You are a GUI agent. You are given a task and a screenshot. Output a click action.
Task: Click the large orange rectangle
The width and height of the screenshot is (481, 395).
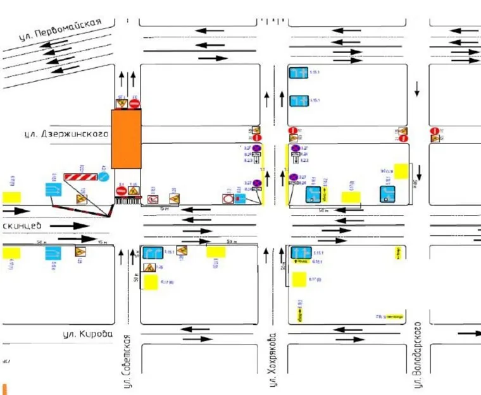(x=127, y=139)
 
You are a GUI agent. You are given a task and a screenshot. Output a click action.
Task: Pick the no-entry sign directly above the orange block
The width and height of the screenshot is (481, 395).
(x=134, y=103)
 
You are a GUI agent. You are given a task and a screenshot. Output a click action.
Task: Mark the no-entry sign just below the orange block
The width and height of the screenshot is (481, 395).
(x=121, y=190)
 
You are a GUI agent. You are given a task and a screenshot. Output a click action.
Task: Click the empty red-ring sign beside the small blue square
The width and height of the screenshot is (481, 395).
(x=228, y=199)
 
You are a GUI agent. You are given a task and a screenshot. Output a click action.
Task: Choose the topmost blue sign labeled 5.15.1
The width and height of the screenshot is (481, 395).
(x=299, y=73)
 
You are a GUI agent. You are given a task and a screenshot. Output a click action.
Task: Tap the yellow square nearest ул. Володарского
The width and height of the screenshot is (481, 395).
(x=401, y=171)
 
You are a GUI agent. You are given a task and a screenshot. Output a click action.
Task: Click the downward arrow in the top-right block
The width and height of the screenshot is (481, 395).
(x=417, y=89)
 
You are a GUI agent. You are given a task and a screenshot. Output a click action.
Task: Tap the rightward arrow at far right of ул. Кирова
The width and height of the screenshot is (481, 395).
(x=470, y=332)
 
